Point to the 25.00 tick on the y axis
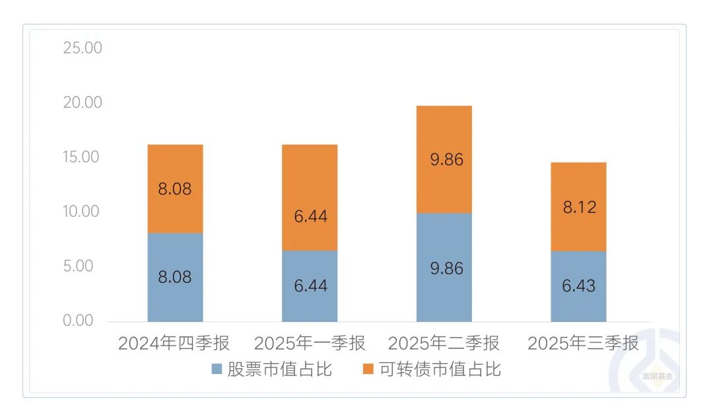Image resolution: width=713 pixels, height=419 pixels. pyautogui.click(x=83, y=48)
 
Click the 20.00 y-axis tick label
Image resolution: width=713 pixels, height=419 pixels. pyautogui.click(x=83, y=102)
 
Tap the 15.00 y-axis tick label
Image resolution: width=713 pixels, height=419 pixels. pyautogui.click(x=83, y=157)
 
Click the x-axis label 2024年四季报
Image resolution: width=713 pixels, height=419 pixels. pyautogui.click(x=174, y=344)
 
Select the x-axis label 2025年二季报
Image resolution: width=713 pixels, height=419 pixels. pyautogui.click(x=444, y=344)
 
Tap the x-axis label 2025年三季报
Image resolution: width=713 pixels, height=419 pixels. pyautogui.click(x=584, y=344)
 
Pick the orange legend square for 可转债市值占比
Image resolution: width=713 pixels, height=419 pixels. pyautogui.click(x=368, y=369)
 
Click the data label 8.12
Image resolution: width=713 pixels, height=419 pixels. pyautogui.click(x=578, y=208)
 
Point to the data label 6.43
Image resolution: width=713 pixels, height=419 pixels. pyautogui.click(x=578, y=286)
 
